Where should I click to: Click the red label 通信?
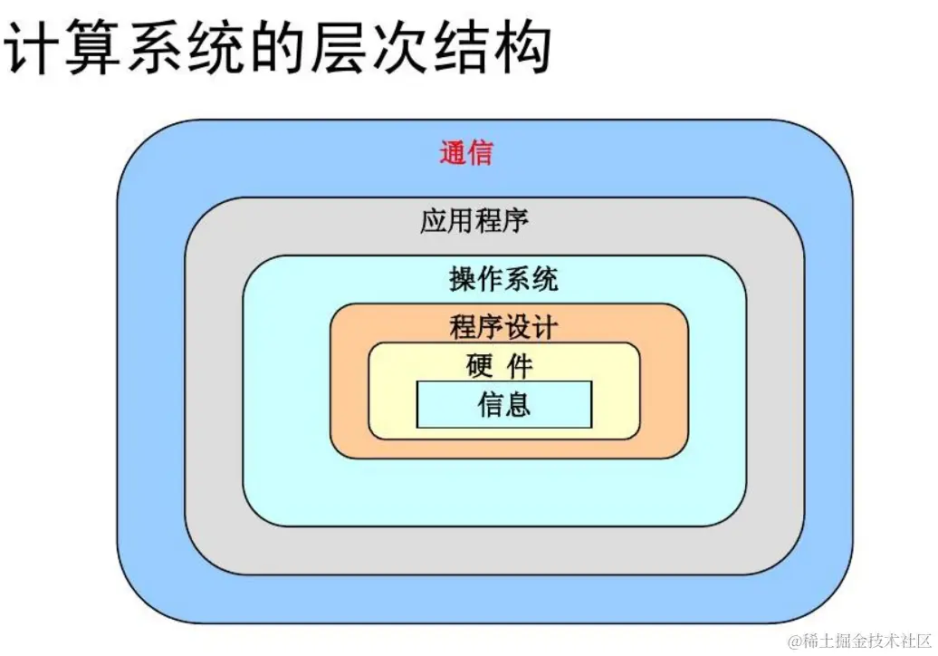tap(466, 152)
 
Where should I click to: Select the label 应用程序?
tap(474, 220)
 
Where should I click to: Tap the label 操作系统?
tap(503, 278)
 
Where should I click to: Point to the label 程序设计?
tap(503, 326)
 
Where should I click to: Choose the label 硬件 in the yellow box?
tap(500, 366)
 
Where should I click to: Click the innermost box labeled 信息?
tap(503, 404)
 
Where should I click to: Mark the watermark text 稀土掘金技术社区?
tap(859, 641)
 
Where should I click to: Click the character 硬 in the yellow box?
tap(479, 366)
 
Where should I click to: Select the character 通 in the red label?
tap(453, 152)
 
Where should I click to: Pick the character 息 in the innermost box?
tap(517, 404)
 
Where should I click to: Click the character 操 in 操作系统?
tap(463, 278)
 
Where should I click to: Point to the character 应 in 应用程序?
tap(434, 220)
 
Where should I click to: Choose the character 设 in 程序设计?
tap(517, 326)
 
